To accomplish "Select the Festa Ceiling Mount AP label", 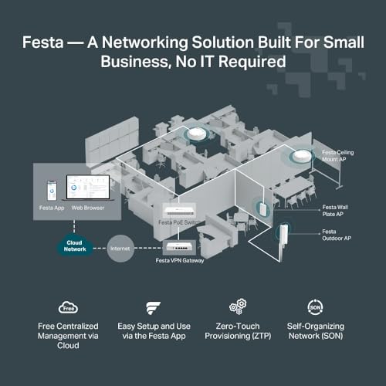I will tap(337, 157).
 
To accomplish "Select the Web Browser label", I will tap(88, 208).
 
